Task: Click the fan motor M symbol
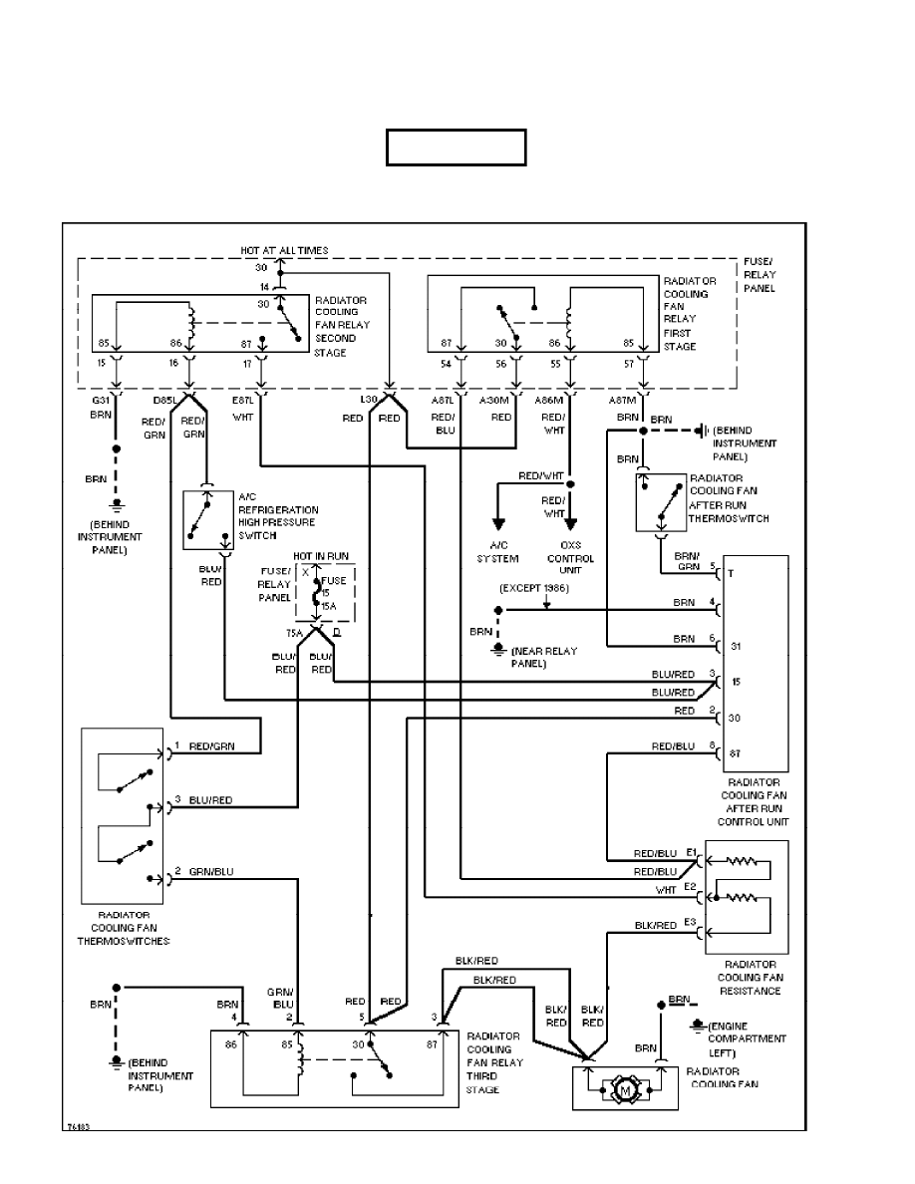626,1090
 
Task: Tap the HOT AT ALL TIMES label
284,250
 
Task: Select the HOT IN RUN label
320,555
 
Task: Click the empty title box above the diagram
457,148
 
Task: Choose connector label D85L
164,401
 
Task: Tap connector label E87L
242,401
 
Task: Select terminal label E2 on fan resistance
690,885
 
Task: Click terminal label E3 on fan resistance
690,923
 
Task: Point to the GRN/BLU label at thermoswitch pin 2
211,872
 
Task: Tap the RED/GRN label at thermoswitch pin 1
211,745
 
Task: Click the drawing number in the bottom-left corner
76,1125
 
